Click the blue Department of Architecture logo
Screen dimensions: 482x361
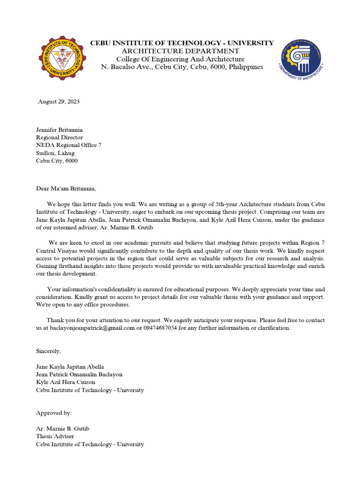click(x=302, y=58)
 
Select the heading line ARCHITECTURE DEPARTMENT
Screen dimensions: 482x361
click(x=180, y=51)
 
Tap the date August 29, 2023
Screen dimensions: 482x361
click(x=59, y=102)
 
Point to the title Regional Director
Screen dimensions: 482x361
click(x=58, y=137)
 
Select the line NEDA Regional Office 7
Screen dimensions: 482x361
click(x=69, y=145)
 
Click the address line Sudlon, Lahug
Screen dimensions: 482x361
click(x=55, y=153)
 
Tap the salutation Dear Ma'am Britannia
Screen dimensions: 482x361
click(x=66, y=189)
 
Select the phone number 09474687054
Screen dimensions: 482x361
click(x=160, y=328)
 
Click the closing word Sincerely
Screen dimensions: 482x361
click(x=48, y=351)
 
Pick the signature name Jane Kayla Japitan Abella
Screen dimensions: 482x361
click(x=70, y=367)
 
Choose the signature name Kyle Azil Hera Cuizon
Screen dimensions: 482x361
click(x=65, y=382)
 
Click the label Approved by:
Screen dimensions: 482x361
click(x=54, y=413)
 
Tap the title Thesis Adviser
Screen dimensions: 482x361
click(x=55, y=436)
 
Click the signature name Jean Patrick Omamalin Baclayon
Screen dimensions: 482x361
click(x=79, y=374)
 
